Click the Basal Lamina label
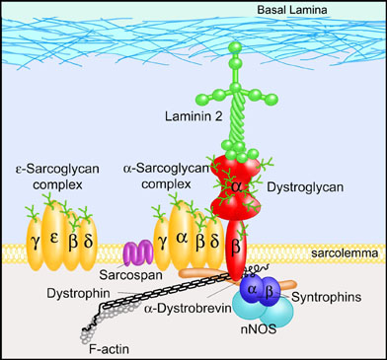[292, 10]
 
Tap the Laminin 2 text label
[193, 116]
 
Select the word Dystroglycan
[305, 187]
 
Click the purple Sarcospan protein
[138, 252]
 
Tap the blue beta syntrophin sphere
[270, 292]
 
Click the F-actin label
[109, 349]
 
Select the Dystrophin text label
[78, 293]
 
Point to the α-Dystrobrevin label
[188, 309]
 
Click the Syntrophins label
[327, 297]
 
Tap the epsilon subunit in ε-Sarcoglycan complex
[54, 236]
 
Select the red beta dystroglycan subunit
[236, 250]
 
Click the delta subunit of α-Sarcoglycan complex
[215, 243]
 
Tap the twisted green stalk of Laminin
[238, 119]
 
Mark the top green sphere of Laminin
[236, 47]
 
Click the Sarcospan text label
[131, 275]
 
